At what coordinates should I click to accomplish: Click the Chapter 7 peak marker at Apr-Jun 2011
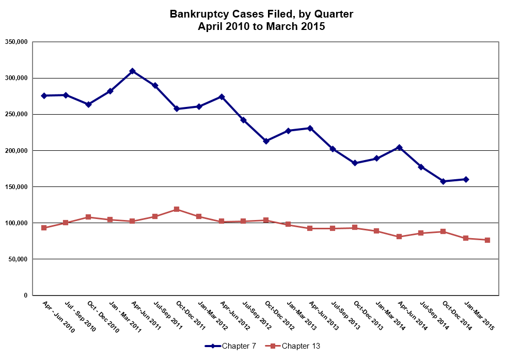pyautogui.click(x=132, y=71)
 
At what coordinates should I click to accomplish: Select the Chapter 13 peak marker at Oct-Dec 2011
pyautogui.click(x=177, y=209)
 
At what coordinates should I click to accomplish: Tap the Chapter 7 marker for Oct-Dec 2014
pyautogui.click(x=444, y=181)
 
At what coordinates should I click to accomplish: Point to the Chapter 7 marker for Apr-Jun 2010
pyautogui.click(x=44, y=96)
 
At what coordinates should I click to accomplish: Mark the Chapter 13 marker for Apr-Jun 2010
pyautogui.click(x=44, y=228)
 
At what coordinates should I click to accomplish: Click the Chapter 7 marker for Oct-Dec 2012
pyautogui.click(x=266, y=141)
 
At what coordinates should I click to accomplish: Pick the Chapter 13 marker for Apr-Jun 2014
pyautogui.click(x=399, y=237)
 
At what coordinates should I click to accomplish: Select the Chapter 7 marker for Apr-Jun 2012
pyautogui.click(x=222, y=97)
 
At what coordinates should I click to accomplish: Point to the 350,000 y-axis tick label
pyautogui.click(x=15, y=42)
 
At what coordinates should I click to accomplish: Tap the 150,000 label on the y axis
pyautogui.click(x=15, y=186)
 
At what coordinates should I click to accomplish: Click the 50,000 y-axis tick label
pyautogui.click(x=17, y=259)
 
